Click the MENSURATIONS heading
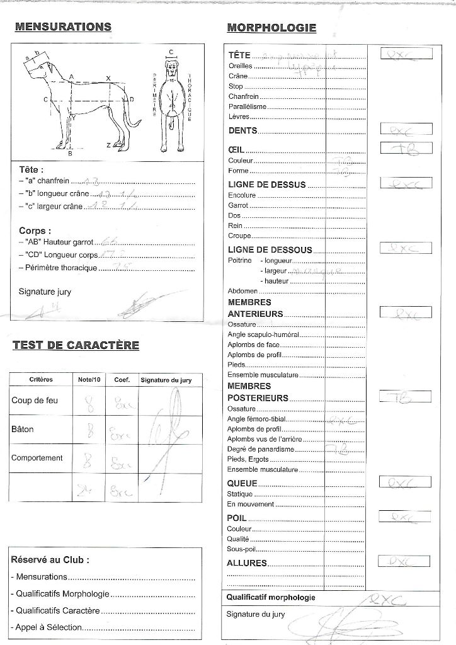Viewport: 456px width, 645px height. tap(63, 26)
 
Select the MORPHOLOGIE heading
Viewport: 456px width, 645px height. tap(271, 28)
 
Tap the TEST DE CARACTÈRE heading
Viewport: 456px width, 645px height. tap(76, 345)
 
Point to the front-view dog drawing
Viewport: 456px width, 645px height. tap(172, 104)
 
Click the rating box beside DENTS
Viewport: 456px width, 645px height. tap(406, 130)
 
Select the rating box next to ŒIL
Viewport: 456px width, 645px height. tap(406, 149)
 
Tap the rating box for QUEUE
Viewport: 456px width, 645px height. tap(406, 482)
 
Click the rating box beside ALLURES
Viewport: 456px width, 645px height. tap(406, 561)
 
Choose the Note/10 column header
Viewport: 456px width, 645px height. tap(89, 380)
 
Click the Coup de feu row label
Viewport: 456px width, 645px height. tap(35, 401)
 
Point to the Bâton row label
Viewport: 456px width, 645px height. tap(23, 430)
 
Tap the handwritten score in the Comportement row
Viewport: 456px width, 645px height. tap(89, 462)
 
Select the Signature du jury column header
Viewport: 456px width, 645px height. tap(162, 380)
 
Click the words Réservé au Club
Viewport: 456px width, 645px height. tap(50, 560)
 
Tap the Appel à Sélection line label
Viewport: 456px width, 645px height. tap(45, 627)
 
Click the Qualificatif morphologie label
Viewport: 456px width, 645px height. tap(271, 598)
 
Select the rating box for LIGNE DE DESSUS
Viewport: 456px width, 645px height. tap(406, 183)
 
